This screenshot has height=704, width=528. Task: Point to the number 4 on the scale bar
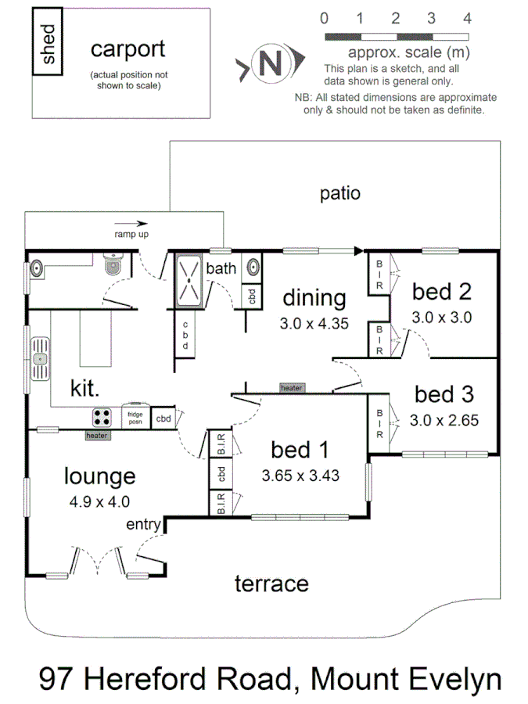(467, 18)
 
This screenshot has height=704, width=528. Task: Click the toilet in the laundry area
(113, 267)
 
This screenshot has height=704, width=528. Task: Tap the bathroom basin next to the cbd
(253, 268)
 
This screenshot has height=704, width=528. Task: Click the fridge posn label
(135, 416)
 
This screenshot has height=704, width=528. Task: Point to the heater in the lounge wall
(97, 436)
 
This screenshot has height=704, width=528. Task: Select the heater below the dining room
(291, 388)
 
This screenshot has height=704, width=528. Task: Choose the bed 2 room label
(442, 293)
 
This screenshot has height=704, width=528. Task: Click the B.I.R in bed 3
(379, 423)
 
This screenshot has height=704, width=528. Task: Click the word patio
(340, 192)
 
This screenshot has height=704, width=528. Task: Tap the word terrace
(271, 583)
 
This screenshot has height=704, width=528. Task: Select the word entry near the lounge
(143, 523)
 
